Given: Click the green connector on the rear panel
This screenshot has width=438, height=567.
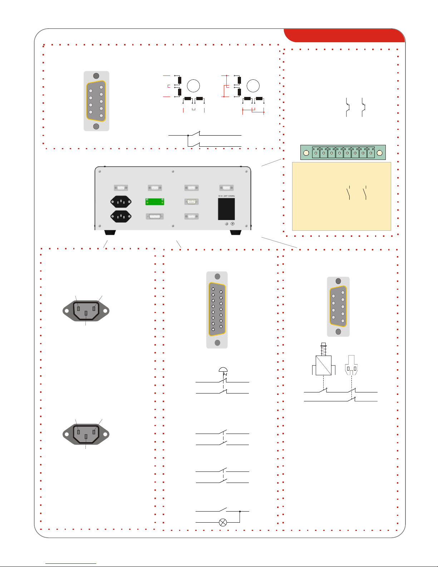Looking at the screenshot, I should pos(154,202).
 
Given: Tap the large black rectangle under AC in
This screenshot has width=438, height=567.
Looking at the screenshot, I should pos(226,209).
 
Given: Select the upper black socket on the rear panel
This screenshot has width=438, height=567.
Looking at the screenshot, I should pos(121,202).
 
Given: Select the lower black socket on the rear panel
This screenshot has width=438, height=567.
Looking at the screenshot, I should pos(121,216).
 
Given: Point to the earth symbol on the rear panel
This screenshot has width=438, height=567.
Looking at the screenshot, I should pos(233,224).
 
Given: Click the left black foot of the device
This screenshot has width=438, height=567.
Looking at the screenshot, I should pos(110,233).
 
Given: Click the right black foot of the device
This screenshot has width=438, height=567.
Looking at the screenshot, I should pos(236,233).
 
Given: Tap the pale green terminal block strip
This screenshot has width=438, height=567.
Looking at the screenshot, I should pos(343,152).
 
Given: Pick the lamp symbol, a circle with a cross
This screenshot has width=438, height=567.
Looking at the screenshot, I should pos(223,522).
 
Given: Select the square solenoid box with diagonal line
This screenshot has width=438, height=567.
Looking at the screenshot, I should pos(324,365).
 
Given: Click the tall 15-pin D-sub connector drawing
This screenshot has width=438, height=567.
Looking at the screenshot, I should pos(217,309).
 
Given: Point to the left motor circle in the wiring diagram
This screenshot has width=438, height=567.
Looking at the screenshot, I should pos(193,86).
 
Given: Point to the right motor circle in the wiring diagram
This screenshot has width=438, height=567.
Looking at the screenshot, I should pos(253,86).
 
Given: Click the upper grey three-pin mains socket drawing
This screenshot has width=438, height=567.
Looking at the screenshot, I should pos(86,311).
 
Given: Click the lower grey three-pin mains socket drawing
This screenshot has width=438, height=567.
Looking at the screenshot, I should pos(86,434).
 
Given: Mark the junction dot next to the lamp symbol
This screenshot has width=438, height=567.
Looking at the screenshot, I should pos(240,512).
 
